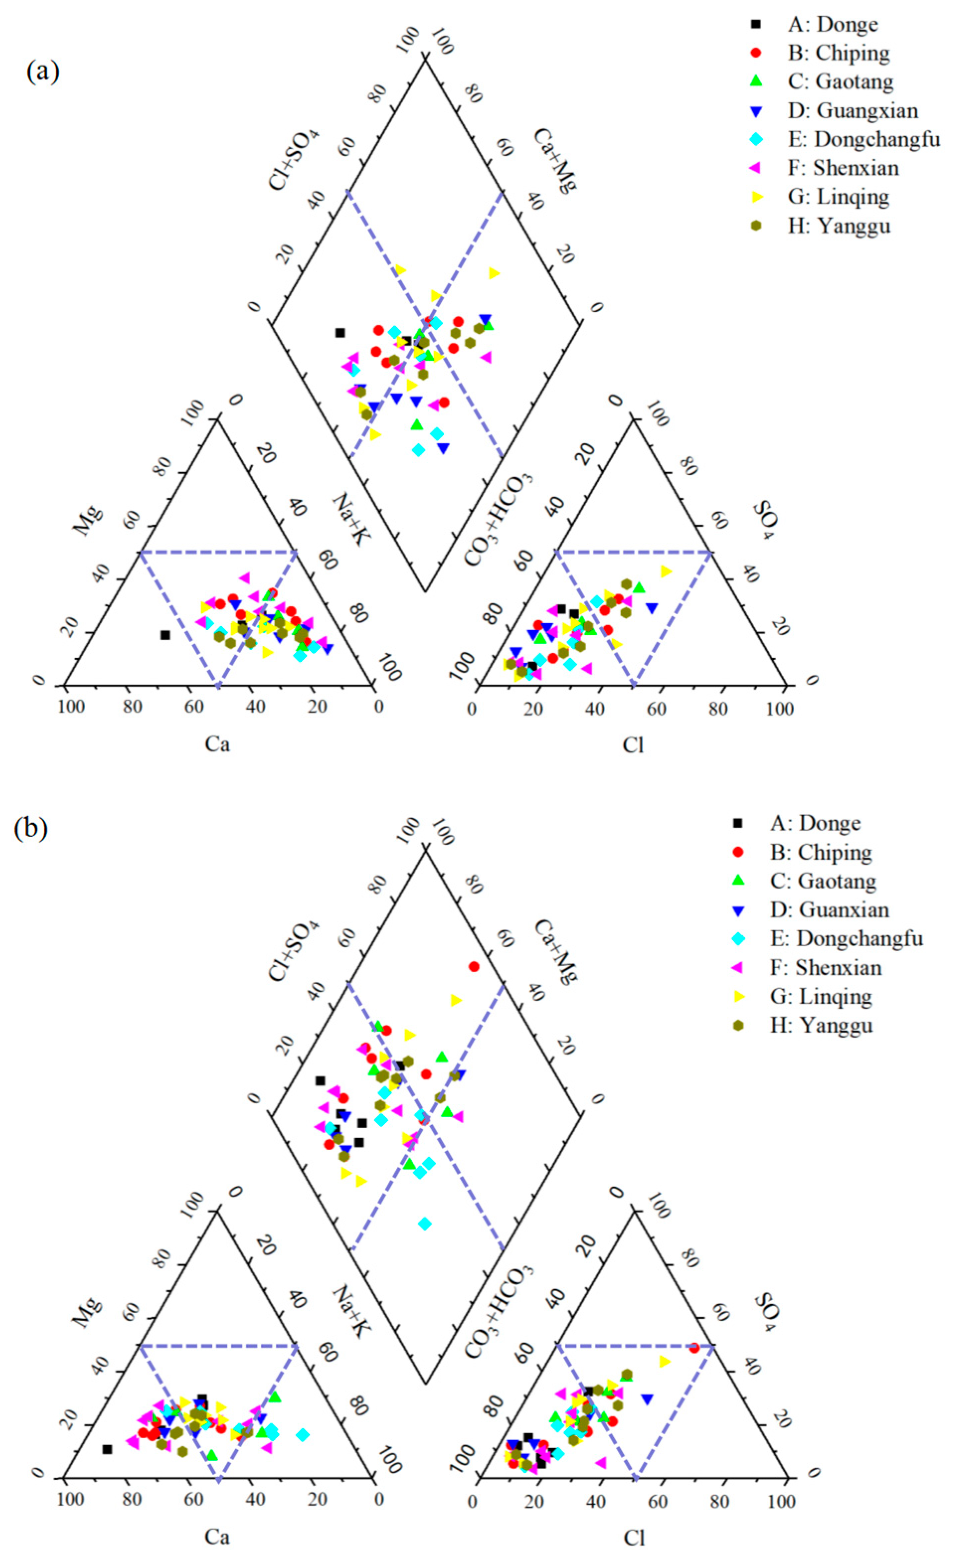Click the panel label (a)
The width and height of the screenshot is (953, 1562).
[x=42, y=72]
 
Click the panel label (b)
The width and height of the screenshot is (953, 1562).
[x=30, y=828]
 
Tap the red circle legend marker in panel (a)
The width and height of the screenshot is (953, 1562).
[x=755, y=53]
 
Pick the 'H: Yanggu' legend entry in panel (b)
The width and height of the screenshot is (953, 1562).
[x=821, y=1025]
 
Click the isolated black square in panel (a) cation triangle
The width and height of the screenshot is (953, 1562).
[x=165, y=635]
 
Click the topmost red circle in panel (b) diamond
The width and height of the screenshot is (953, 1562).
[x=474, y=967]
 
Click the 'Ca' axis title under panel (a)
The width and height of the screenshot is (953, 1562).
[x=217, y=743]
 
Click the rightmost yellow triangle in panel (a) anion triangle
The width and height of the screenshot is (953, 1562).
[x=666, y=571]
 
